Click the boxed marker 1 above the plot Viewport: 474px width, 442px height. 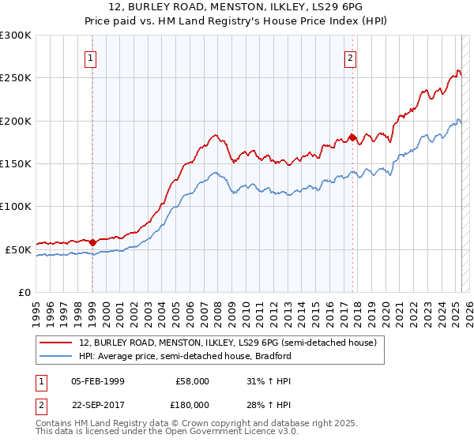(x=92, y=57)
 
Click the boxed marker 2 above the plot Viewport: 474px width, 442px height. (x=350, y=57)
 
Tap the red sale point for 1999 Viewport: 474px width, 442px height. (x=92, y=242)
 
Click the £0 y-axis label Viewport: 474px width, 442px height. (x=24, y=292)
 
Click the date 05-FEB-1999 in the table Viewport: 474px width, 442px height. (x=98, y=381)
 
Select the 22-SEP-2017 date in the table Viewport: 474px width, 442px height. (x=98, y=404)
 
